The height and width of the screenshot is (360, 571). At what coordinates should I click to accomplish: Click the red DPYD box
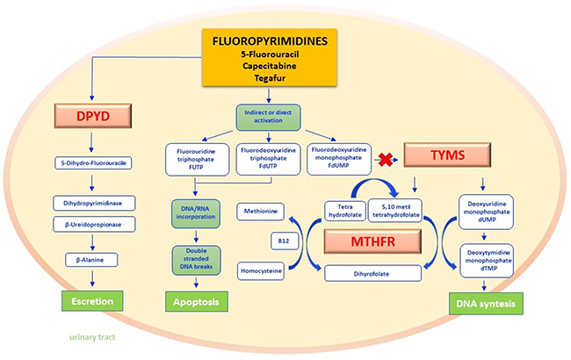click(93, 116)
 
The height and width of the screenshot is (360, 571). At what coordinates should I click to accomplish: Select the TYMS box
click(447, 155)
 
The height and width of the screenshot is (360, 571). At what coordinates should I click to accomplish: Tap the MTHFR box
click(372, 241)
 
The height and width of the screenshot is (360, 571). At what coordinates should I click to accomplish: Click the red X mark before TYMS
click(386, 160)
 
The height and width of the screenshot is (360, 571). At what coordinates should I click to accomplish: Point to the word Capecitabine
click(270, 66)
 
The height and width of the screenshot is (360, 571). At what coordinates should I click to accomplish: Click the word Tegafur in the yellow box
click(270, 78)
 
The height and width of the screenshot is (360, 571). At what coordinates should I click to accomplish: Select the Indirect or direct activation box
click(269, 117)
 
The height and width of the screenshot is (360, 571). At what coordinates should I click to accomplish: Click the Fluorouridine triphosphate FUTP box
click(198, 160)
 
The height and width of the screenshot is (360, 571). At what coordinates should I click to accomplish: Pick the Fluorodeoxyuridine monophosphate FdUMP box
click(339, 159)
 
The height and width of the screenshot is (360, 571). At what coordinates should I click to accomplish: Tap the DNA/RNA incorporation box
click(196, 213)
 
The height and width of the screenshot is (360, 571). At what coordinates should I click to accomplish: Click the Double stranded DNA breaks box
click(196, 260)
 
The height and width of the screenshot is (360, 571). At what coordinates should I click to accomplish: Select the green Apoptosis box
click(197, 301)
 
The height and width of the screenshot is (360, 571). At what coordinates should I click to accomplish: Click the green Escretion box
click(92, 300)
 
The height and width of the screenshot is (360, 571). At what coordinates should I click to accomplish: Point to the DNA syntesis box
click(486, 304)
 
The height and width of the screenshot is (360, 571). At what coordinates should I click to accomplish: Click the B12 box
click(284, 241)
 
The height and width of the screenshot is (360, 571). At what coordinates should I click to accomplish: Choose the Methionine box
click(260, 212)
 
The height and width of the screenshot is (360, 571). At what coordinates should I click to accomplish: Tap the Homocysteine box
click(261, 271)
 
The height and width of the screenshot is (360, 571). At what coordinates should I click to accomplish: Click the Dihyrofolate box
click(372, 273)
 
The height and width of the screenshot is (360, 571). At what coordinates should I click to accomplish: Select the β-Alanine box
click(91, 260)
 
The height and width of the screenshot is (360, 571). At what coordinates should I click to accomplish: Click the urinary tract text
click(92, 337)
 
